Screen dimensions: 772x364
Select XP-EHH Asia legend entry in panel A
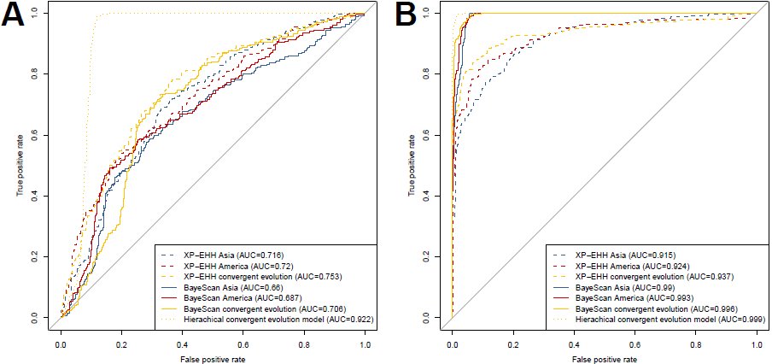222,255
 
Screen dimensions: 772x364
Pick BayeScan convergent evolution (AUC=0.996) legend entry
646,309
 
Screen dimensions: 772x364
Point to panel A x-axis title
213,359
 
